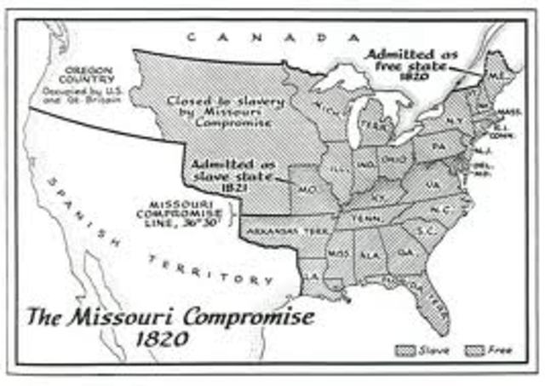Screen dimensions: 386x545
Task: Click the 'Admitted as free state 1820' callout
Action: (412, 62)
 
